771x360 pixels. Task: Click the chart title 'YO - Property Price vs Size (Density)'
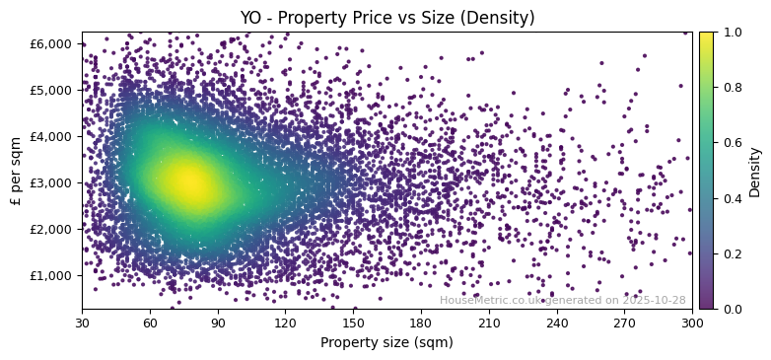387,18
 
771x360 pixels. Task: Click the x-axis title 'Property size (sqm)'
386,342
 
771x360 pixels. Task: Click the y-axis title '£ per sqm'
17,171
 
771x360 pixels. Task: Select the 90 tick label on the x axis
218,322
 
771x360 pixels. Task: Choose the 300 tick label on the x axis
692,322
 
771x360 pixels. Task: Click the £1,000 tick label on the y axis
51,275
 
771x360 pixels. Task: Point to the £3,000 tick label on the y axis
51,182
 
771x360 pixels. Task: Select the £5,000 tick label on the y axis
51,90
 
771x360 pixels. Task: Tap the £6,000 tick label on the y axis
51,43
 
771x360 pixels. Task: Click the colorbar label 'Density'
755,171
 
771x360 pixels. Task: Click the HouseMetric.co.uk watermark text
562,300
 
